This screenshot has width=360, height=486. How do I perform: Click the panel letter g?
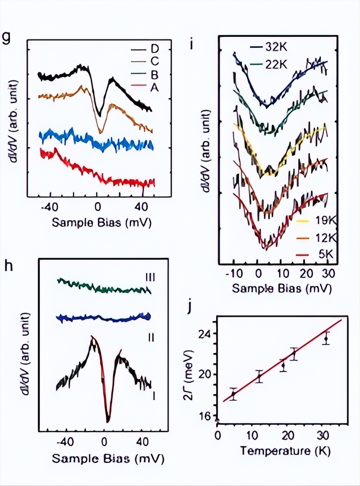(6, 37)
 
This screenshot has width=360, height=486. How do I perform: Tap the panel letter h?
(8, 266)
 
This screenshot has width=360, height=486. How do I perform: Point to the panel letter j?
(189, 307)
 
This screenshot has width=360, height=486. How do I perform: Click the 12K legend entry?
(325, 238)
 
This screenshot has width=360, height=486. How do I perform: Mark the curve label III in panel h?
(150, 277)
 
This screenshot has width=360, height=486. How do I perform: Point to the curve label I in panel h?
(154, 395)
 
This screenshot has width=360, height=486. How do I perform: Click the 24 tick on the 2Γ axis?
(207, 334)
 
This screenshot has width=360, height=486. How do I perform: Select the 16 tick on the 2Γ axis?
(207, 416)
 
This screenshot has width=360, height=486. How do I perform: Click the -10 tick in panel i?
(234, 273)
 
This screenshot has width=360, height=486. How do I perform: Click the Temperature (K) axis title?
(285, 451)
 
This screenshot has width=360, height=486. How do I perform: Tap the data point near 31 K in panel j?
(326, 339)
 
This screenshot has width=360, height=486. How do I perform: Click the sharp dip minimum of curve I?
(108, 421)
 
